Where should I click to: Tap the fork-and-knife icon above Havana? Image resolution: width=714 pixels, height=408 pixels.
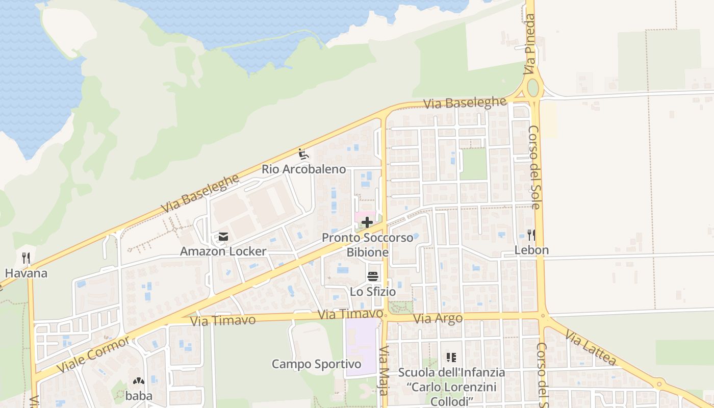coord(27,258)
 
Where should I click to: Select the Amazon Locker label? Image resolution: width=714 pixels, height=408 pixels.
coord(223,251)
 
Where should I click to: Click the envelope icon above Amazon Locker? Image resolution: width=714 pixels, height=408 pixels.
coord(223,237)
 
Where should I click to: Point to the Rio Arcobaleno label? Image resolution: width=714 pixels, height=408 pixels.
coord(303,169)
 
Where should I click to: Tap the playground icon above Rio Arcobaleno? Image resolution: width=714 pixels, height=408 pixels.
coord(303,154)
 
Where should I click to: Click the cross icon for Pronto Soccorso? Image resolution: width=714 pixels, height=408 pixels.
coord(367,222)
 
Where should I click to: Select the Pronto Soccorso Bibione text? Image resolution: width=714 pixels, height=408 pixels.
coord(367,245)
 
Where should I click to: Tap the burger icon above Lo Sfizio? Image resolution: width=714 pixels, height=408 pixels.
coord(373,276)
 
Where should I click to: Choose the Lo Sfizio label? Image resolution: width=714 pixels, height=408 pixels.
coord(373,292)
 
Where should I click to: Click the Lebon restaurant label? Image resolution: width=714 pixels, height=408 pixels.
coord(531,250)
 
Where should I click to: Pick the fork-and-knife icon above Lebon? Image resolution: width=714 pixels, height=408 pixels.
coord(531,235)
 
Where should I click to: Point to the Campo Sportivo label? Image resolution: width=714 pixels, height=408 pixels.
coord(316,364)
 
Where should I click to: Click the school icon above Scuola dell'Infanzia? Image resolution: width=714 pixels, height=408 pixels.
coord(451,357)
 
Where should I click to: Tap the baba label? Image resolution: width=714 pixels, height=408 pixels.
coord(139,396)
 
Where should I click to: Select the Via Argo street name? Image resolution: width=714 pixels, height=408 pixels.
coord(438,319)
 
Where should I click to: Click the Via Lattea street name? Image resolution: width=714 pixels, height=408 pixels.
coord(591,347)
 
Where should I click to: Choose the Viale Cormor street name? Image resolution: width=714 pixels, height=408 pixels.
coord(93,354)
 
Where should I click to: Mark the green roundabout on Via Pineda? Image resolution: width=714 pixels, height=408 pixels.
coord(533,88)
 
